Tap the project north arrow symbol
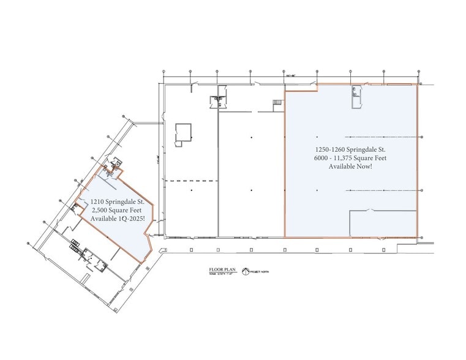pyautogui.click(x=247, y=271)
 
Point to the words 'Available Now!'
pyautogui.click(x=350, y=167)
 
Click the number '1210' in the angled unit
pyautogui.click(x=99, y=201)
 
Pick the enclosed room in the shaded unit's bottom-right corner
pyautogui.click(x=383, y=223)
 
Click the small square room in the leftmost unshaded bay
pyautogui.click(x=183, y=132)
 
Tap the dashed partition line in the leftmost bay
pyautogui.click(x=192, y=181)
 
